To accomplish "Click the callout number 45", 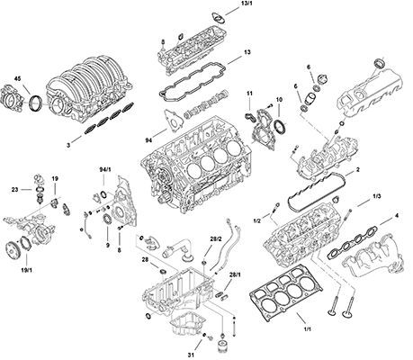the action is [18, 79].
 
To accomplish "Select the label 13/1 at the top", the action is [246, 4].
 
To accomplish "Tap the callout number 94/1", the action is [105, 169].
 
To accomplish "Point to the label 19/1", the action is [27, 270].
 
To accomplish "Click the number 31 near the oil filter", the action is [191, 355].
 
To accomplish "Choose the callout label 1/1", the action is [308, 329].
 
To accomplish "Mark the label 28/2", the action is [215, 238].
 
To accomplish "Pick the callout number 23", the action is [15, 190].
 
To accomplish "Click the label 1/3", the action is [376, 196].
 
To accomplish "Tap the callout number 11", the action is [249, 94].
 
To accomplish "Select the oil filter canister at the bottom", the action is [222, 347].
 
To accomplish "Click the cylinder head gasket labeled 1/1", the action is [285, 290].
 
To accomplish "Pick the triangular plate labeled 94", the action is [173, 121].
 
